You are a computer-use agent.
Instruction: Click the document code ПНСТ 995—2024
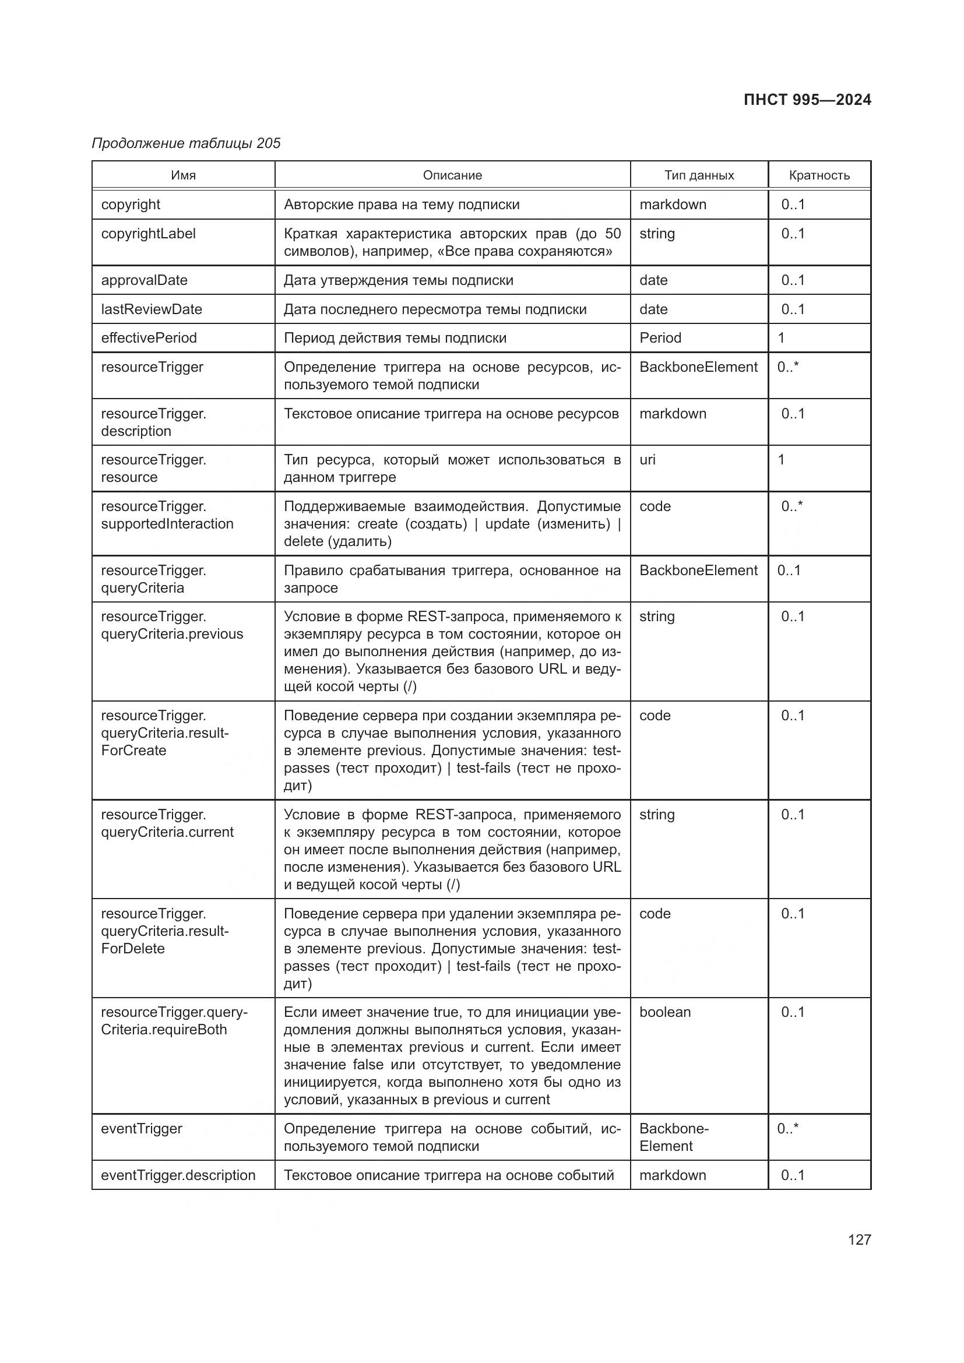(807, 100)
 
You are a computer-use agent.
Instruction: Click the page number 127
(859, 1239)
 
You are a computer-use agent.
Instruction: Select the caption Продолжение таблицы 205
(186, 143)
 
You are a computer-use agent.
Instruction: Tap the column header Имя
(184, 175)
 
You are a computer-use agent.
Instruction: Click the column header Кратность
(818, 175)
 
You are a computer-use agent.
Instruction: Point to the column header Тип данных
(699, 175)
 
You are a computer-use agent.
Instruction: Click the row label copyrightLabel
(149, 233)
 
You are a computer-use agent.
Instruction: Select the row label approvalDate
(144, 280)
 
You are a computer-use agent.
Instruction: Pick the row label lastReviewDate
(152, 309)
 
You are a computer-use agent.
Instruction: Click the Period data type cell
(660, 338)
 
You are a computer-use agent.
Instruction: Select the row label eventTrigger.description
(178, 1175)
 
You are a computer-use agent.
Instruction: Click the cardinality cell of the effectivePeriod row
(781, 338)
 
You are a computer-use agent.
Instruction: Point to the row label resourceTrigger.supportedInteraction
(167, 515)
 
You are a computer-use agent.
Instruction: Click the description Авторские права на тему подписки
(401, 204)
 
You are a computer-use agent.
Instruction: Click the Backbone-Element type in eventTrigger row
(674, 1137)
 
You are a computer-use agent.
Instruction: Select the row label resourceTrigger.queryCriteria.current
(167, 823)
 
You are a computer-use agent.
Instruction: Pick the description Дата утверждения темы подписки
(398, 280)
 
